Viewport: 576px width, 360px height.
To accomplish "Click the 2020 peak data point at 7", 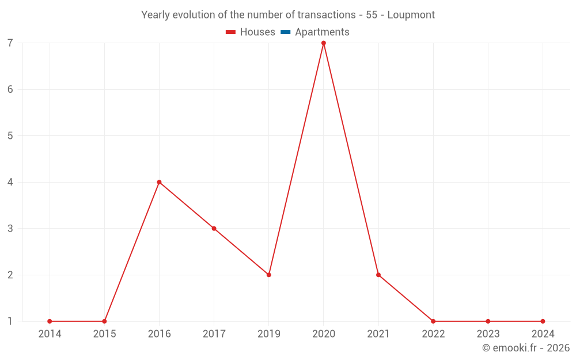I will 324,43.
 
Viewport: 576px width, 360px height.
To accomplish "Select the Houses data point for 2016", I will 159,182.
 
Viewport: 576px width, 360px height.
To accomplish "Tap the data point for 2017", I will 214,229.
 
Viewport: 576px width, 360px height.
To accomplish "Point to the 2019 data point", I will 268,275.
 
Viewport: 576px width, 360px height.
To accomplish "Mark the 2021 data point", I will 378,275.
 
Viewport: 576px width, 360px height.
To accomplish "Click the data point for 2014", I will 50,321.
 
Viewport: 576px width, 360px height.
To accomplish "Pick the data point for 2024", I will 543,321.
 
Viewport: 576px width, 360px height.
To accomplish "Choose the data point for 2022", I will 433,321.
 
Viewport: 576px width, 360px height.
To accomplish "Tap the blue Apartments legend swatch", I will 286,32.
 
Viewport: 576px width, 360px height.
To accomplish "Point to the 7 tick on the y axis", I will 10,43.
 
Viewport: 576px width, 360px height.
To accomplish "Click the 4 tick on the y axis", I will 10,182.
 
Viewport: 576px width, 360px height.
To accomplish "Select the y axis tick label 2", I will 10,275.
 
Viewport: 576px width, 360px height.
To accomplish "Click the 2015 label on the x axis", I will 104,334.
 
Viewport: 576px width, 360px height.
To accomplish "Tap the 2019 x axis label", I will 268,334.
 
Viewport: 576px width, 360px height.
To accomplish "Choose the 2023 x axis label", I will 488,334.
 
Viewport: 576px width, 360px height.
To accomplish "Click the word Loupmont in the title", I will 411,15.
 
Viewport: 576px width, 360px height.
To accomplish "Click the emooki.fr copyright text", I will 526,348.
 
